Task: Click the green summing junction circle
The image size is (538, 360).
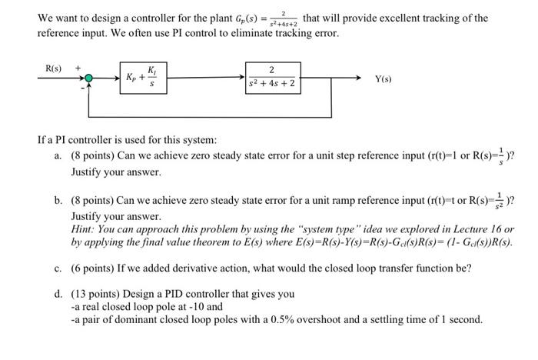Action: click(x=90, y=78)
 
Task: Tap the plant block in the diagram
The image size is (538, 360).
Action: click(x=273, y=78)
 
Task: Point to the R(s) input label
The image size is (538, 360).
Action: click(x=53, y=68)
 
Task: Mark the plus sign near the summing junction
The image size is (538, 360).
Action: click(x=78, y=68)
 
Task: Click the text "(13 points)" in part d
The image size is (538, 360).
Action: click(x=97, y=293)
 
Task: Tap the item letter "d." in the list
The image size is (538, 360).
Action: click(x=58, y=293)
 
